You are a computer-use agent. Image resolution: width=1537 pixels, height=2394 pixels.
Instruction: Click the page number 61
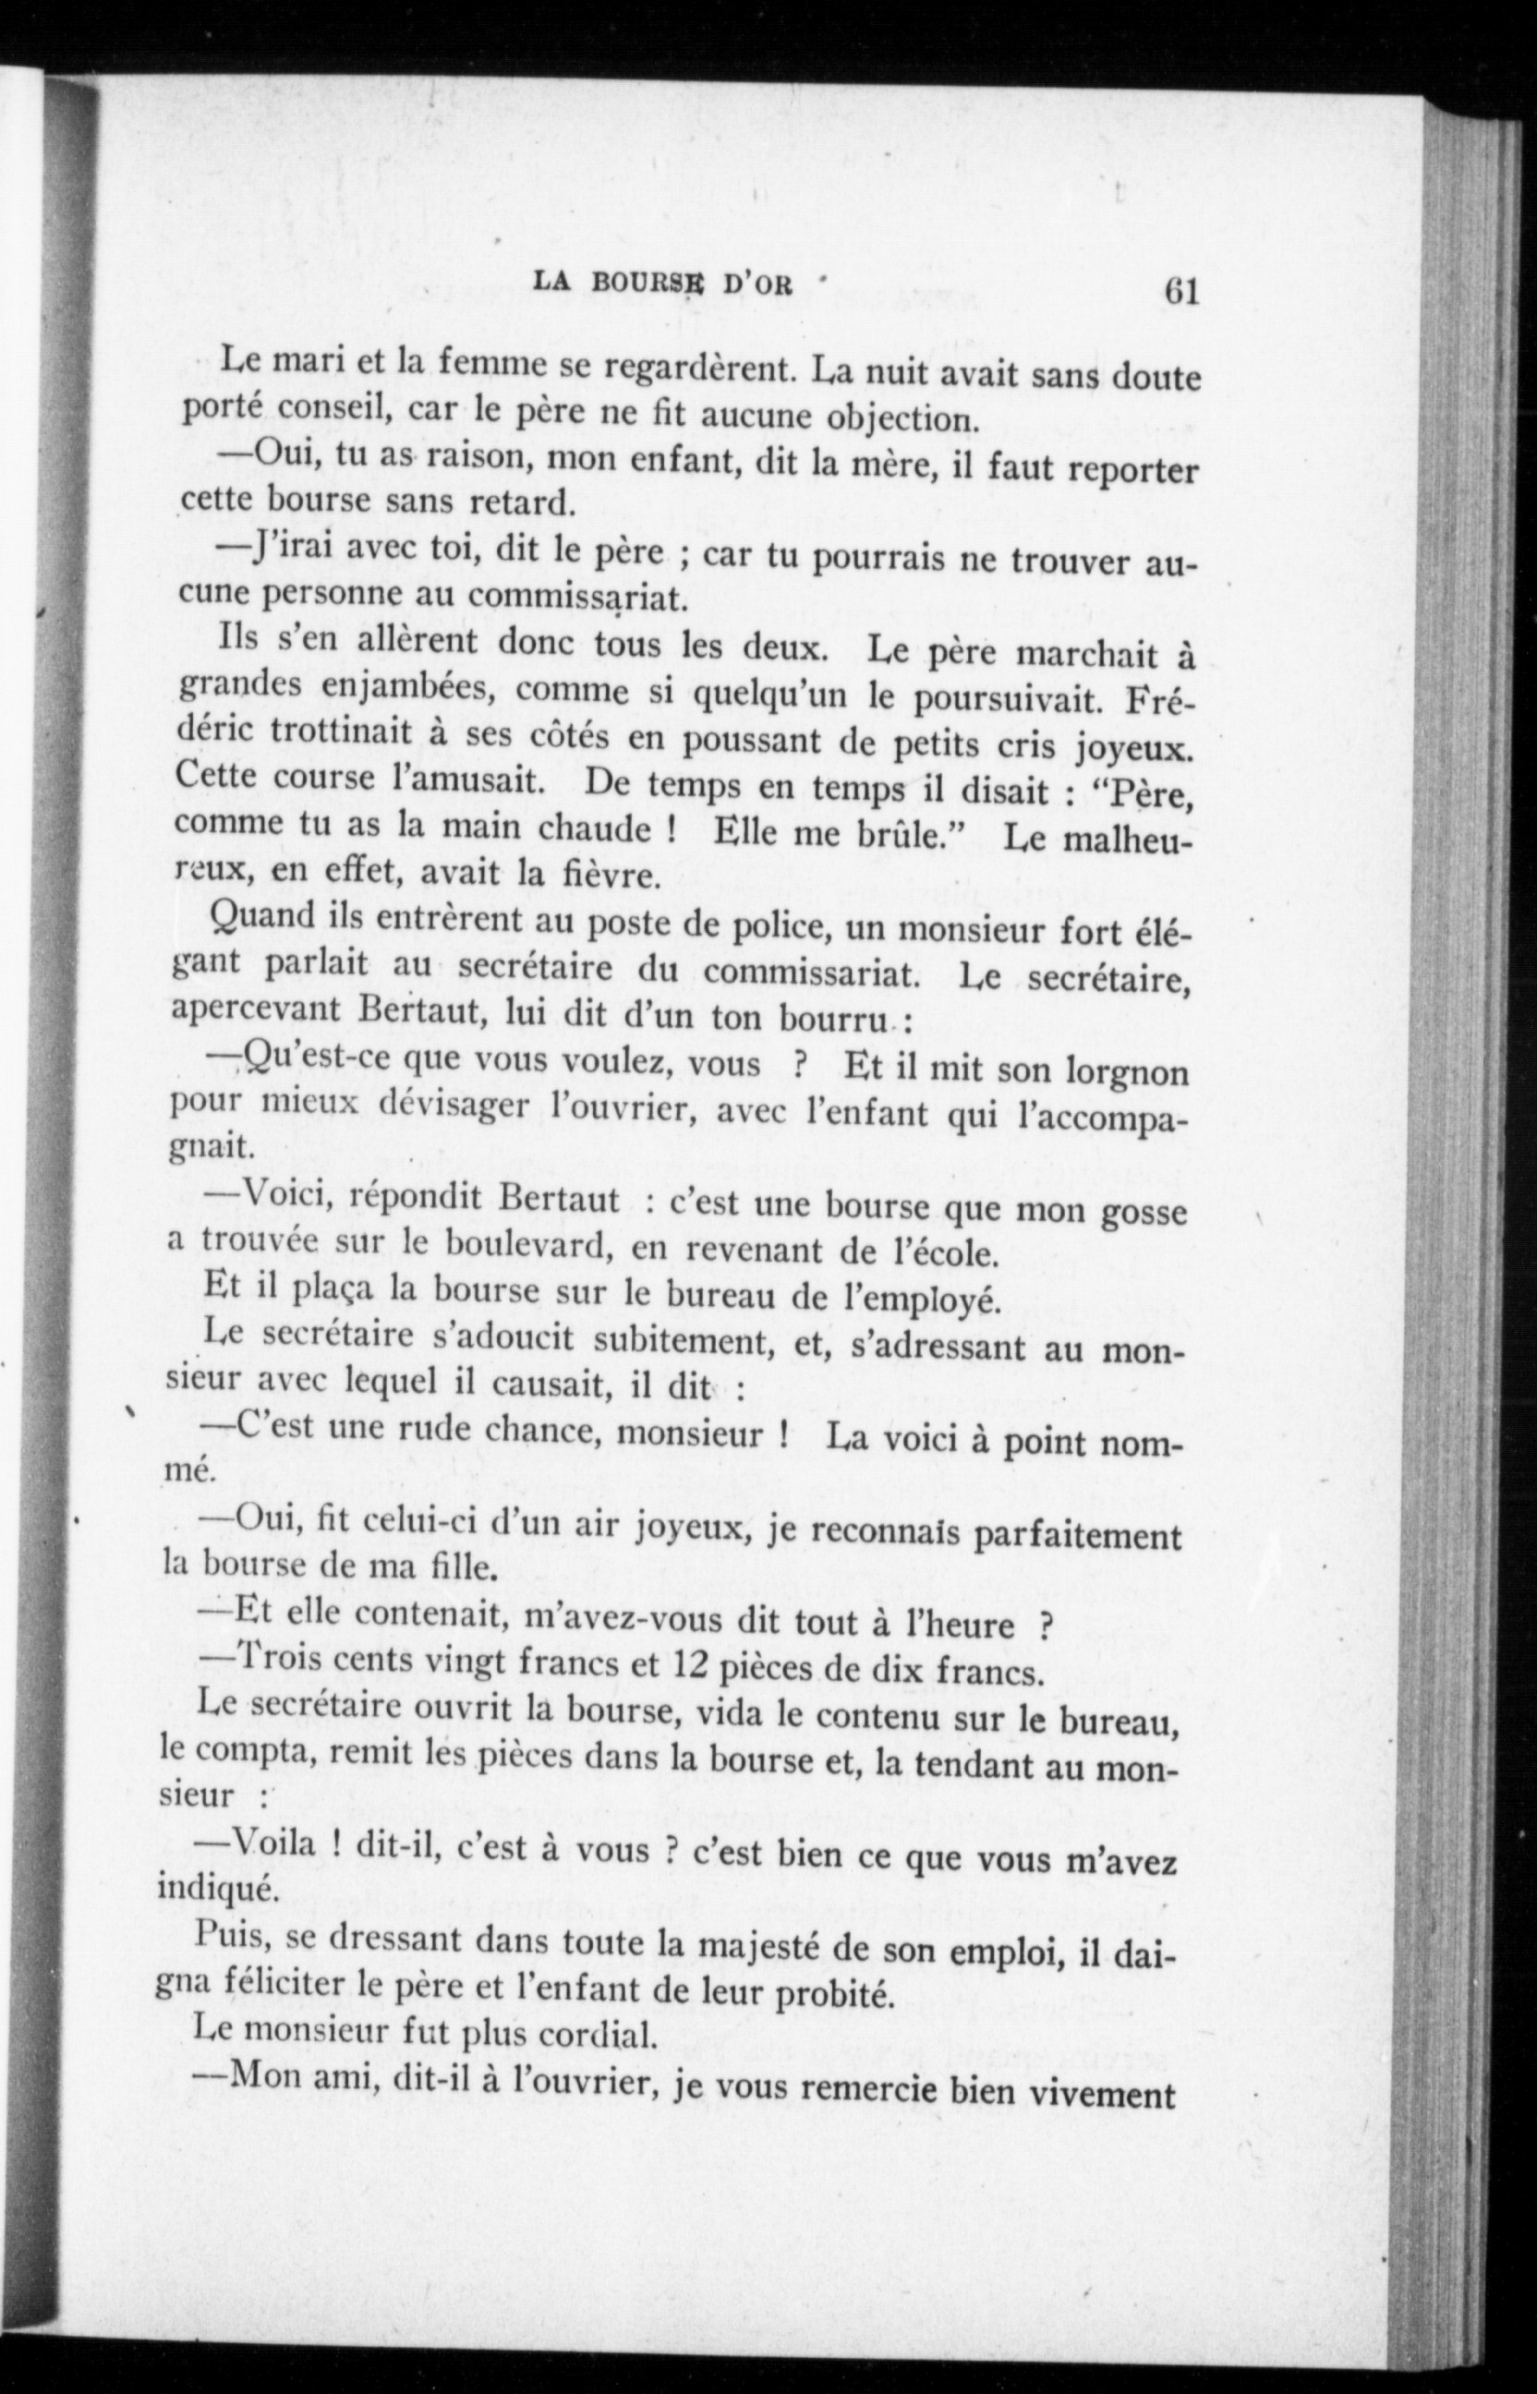click(x=1180, y=294)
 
